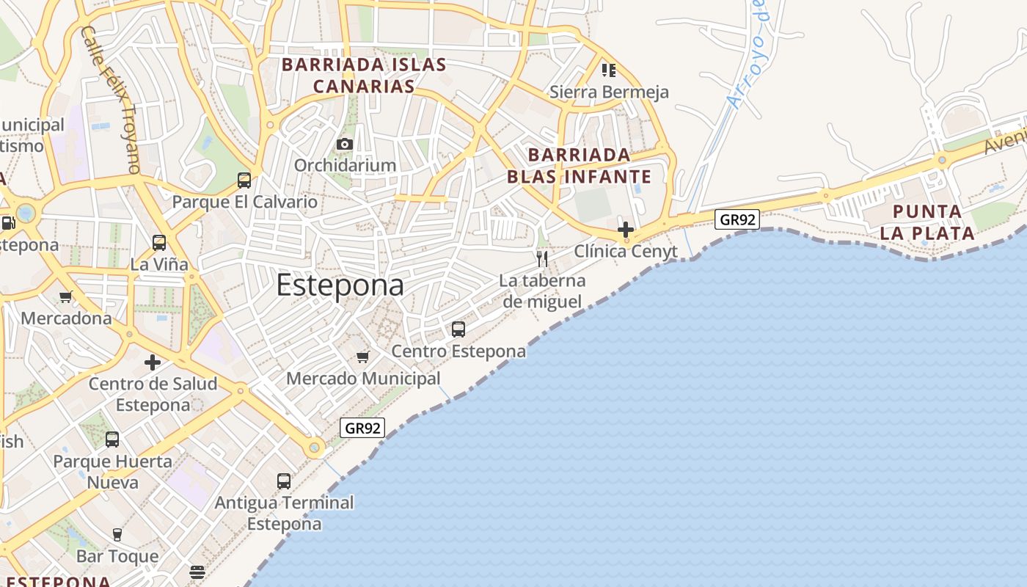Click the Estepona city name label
(x=340, y=285)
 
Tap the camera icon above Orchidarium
(x=345, y=145)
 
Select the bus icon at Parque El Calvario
(x=244, y=181)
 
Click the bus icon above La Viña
(x=159, y=243)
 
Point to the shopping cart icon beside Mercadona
(x=66, y=297)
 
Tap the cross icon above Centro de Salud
(x=153, y=362)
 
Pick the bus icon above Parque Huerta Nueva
(x=112, y=440)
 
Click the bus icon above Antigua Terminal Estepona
(x=284, y=481)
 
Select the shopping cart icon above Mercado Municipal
(x=362, y=357)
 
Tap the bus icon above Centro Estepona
(x=458, y=329)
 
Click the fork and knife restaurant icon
(x=542, y=258)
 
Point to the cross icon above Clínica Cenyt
(x=626, y=230)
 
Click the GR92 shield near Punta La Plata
(x=737, y=219)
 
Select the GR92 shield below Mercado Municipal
(x=362, y=428)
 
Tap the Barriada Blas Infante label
(x=579, y=166)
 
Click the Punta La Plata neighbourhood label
(x=927, y=223)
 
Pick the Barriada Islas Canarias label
(x=364, y=75)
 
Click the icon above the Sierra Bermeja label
(x=609, y=70)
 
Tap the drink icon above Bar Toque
(x=117, y=535)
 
